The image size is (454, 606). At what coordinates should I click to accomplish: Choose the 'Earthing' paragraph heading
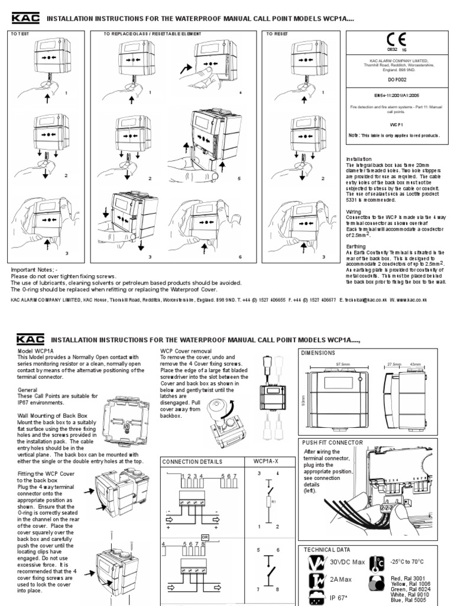356,246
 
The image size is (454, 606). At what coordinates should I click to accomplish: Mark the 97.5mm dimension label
343,365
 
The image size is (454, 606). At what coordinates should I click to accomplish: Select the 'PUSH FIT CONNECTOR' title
332,442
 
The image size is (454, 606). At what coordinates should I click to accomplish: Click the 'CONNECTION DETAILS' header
192,461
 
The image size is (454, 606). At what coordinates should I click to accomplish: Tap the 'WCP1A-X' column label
268,461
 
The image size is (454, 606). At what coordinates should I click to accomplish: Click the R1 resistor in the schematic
273,502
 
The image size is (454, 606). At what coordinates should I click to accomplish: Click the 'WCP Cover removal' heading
188,351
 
